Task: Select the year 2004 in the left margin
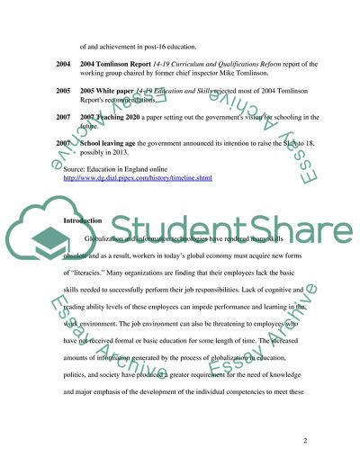click(x=63, y=63)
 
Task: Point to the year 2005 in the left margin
click(x=63, y=91)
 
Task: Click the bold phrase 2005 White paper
click(x=113, y=91)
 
